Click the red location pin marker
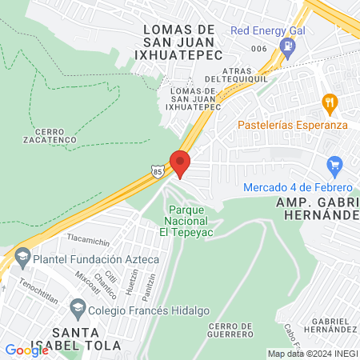[x=180, y=162]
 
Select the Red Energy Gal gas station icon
[x=286, y=46]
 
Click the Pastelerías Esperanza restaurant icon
[x=328, y=102]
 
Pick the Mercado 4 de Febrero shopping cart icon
[x=335, y=167]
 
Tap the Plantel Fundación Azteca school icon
[x=22, y=259]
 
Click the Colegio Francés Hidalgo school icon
[x=78, y=307]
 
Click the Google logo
[x=26, y=350]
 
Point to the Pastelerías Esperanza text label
[x=291, y=125]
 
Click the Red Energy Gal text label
[x=268, y=30]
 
